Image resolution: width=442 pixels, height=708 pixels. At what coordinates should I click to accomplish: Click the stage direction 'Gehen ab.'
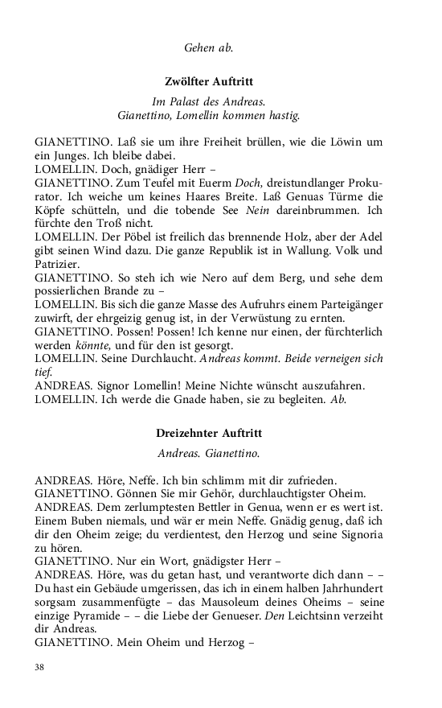[x=209, y=48]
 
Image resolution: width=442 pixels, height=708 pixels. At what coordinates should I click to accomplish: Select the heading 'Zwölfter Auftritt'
[x=209, y=82]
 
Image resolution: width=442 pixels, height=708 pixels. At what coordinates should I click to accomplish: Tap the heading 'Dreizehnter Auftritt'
[x=209, y=434]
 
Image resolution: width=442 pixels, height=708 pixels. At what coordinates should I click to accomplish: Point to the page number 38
[x=40, y=667]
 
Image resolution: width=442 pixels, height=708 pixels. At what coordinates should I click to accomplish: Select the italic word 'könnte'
[x=80, y=347]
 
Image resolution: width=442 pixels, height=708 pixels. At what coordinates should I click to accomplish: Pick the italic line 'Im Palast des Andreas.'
[x=208, y=102]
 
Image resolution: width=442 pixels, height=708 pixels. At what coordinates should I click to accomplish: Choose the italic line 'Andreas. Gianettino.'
[x=208, y=454]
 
